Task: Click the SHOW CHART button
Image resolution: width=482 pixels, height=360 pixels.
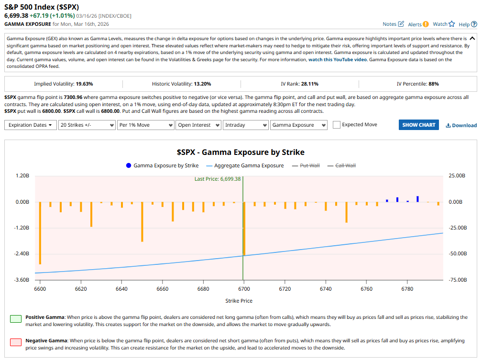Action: [x=418, y=125]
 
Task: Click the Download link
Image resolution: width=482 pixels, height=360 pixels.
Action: [x=461, y=125]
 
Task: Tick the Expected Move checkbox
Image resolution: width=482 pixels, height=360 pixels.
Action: [x=337, y=125]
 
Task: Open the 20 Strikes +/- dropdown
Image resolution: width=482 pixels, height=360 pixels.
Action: [x=87, y=125]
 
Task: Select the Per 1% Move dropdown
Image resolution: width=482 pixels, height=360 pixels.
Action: [x=145, y=125]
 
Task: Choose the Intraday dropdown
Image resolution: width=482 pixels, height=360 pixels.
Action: [x=245, y=125]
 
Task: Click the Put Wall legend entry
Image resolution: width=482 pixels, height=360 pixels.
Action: [x=309, y=165]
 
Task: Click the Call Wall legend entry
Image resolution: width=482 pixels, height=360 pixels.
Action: [x=345, y=165]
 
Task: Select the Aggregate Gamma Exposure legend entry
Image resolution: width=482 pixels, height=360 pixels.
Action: [x=249, y=165]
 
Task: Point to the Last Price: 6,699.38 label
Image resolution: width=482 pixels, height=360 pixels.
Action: [x=217, y=179]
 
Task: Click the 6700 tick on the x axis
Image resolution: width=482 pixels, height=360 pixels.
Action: [x=244, y=289]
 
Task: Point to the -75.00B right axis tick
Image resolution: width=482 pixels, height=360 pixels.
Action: [x=456, y=280]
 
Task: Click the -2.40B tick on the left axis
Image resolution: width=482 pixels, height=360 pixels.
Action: [x=22, y=254]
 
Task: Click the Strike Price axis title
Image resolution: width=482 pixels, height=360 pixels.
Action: [x=239, y=301]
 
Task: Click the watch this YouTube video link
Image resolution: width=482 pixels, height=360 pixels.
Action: [x=338, y=60]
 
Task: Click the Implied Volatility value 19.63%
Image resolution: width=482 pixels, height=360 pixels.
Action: [x=84, y=84]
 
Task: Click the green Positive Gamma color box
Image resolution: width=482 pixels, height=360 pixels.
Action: [x=16, y=319]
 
